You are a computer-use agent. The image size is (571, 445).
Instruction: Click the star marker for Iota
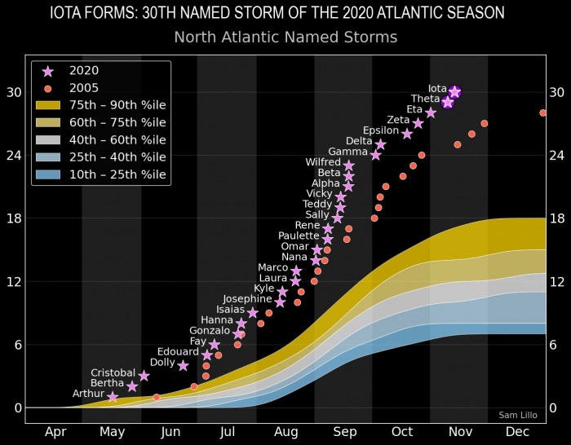(454, 92)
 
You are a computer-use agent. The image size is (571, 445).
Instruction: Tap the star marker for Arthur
(113, 397)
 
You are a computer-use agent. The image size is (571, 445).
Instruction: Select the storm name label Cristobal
(113, 372)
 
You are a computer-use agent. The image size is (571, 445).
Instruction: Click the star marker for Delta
(381, 144)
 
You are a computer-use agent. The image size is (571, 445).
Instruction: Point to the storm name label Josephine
(247, 299)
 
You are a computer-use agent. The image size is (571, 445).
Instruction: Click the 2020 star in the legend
(48, 71)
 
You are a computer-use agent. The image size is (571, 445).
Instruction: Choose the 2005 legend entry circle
(48, 88)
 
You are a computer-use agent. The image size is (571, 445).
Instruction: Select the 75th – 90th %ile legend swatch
(48, 105)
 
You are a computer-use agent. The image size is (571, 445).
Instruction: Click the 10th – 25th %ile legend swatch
(48, 174)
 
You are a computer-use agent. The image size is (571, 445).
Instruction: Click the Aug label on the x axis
(286, 432)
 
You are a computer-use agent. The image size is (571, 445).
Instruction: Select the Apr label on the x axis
(55, 432)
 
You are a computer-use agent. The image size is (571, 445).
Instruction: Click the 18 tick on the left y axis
(13, 218)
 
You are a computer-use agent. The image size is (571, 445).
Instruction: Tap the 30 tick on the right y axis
(557, 92)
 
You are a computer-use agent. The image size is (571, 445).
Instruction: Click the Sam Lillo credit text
(519, 416)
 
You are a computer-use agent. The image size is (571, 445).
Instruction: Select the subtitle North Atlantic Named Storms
(285, 37)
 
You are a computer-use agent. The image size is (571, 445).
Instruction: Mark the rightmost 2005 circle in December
(542, 113)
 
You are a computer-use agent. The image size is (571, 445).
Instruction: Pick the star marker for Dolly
(183, 365)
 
